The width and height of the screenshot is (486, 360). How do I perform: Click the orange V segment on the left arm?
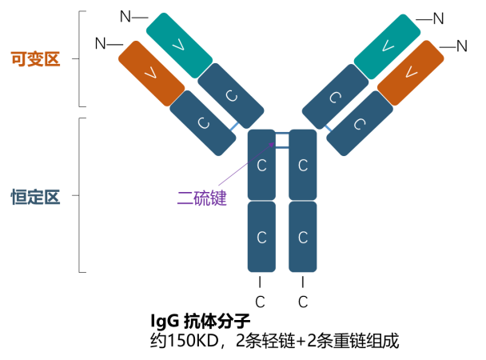pyautogui.click(x=151, y=73)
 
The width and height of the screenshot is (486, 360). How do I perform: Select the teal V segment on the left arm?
pyautogui.click(x=178, y=45)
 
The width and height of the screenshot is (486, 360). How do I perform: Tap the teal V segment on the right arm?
pyautogui.click(x=387, y=46)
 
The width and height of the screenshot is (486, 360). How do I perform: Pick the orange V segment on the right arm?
pyautogui.click(x=411, y=73)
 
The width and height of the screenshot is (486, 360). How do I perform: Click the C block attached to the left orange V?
pyautogui.click(x=203, y=122)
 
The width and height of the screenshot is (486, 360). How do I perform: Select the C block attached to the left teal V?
pyautogui.click(x=231, y=96)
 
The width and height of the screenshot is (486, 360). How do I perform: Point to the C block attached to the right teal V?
pyautogui.click(x=335, y=97)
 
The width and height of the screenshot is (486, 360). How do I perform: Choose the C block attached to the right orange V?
pyautogui.click(x=360, y=123)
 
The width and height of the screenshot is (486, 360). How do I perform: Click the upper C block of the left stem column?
pyautogui.click(x=261, y=165)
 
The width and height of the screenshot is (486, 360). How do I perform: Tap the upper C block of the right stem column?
pyautogui.click(x=303, y=165)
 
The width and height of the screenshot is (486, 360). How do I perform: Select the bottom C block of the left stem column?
pyautogui.click(x=261, y=237)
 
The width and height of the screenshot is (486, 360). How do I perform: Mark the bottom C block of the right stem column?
pyautogui.click(x=303, y=237)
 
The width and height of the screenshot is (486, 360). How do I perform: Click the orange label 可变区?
pyautogui.click(x=35, y=59)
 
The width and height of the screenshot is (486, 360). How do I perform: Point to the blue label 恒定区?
pyautogui.click(x=35, y=197)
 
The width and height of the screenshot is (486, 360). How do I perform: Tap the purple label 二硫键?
pyautogui.click(x=202, y=198)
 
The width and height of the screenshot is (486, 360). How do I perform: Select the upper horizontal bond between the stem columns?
pyautogui.click(x=282, y=133)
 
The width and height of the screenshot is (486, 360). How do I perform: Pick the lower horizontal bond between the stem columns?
pyautogui.click(x=282, y=147)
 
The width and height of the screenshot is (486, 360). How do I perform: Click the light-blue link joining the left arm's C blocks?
pyautogui.click(x=233, y=126)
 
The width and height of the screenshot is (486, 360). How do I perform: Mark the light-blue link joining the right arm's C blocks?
pyautogui.click(x=329, y=127)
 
